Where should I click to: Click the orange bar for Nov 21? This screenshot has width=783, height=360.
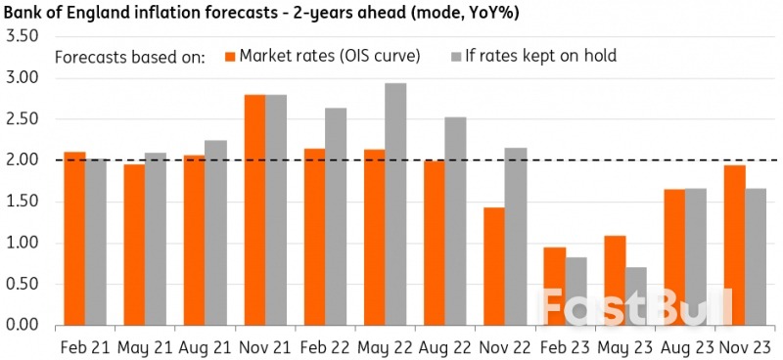click(253, 209)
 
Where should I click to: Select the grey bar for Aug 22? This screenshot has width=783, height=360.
click(454, 221)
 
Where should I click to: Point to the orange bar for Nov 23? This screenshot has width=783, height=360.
click(734, 245)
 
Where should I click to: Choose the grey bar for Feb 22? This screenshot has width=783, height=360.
click(335, 216)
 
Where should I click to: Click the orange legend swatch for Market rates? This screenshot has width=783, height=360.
click(232, 56)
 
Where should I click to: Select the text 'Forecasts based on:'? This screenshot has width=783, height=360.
click(129, 56)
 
